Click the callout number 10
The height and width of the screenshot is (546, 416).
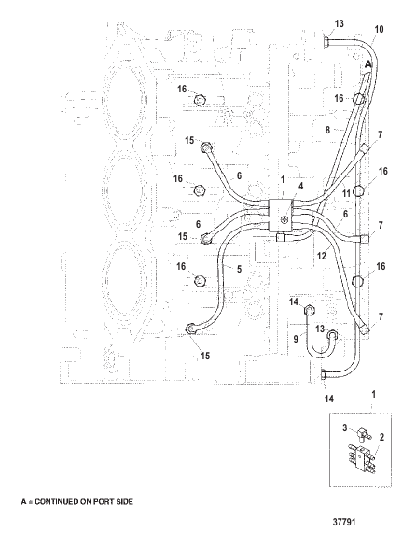(379, 29)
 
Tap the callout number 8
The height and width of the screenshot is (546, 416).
(328, 130)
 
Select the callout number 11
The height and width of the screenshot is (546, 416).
(346, 192)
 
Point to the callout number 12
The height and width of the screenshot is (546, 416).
(322, 256)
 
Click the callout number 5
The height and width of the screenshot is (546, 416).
(239, 269)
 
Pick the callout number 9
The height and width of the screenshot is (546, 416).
(296, 338)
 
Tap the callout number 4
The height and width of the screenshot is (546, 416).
(300, 186)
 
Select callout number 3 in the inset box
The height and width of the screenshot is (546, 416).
(344, 427)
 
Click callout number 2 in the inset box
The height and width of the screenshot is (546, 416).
(381, 437)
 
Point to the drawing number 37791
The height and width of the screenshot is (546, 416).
(344, 522)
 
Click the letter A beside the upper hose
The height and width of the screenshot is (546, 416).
(368, 64)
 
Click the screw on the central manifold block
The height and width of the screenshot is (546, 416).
(284, 219)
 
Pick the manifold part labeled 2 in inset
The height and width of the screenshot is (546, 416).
(361, 458)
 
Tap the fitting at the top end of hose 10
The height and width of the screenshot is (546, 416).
(326, 43)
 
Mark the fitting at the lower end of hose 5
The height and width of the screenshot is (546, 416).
(191, 328)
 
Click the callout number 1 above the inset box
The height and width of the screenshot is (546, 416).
(373, 395)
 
